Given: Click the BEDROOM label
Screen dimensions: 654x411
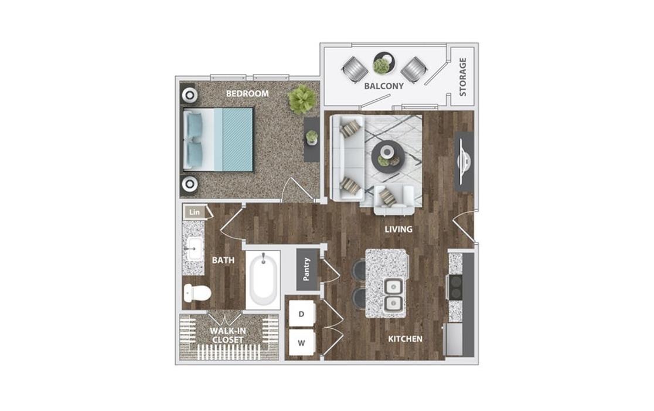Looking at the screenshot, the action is click(x=247, y=93).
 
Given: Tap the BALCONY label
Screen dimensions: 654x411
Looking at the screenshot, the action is click(x=384, y=86).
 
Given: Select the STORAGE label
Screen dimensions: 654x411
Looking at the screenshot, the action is click(x=462, y=77).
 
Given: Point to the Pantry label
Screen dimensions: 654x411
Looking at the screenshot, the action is click(x=306, y=269).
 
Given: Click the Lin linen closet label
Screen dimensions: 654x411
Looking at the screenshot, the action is click(x=195, y=212).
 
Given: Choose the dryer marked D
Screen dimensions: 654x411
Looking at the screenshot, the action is click(x=301, y=314).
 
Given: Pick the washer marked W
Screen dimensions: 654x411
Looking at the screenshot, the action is click(x=301, y=343).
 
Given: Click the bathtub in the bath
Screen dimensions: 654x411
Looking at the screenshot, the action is click(x=263, y=280).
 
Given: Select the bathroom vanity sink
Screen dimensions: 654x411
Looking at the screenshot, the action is click(x=193, y=248).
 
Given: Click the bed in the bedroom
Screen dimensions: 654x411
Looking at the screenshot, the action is click(x=218, y=140).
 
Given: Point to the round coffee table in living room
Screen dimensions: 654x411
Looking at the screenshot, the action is click(x=387, y=156).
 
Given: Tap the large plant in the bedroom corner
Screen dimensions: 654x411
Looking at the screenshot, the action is click(x=302, y=99).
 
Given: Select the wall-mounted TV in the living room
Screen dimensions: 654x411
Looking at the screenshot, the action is click(x=464, y=161).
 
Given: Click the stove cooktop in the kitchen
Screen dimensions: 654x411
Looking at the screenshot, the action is click(x=455, y=287).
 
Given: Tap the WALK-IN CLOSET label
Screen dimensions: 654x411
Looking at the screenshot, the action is click(x=228, y=335).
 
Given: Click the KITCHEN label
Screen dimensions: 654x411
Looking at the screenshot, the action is click(x=406, y=339).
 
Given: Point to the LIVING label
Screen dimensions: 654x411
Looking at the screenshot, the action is click(x=398, y=230).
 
